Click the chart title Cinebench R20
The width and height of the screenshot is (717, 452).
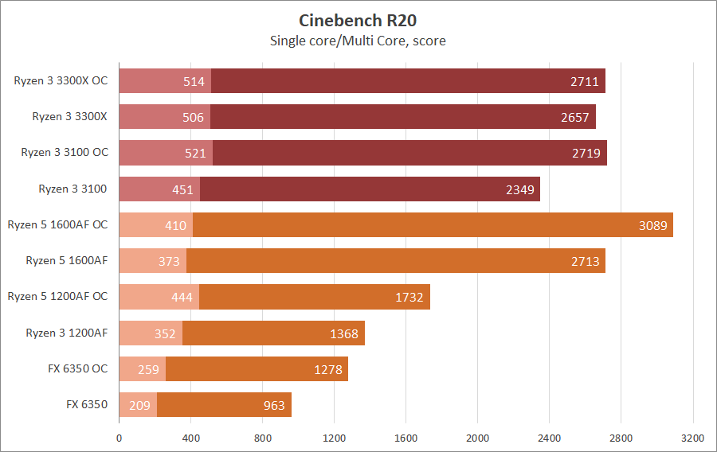tap(358, 20)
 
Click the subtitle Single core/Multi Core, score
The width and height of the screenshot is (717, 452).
tap(358, 40)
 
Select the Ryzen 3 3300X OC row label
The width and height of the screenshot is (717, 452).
tap(61, 80)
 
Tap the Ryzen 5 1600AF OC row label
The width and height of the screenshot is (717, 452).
tap(57, 224)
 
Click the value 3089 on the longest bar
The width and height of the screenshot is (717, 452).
tap(654, 225)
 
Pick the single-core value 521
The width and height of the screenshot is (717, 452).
tap(194, 153)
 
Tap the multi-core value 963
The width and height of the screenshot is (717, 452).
tap(273, 405)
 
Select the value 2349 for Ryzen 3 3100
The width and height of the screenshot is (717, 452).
tap(521, 189)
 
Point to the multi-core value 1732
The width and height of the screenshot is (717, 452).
tap(411, 297)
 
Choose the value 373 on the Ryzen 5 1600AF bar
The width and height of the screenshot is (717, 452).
tap(169, 261)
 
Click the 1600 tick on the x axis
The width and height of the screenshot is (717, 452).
tap(406, 437)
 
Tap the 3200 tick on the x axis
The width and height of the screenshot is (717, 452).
tap(692, 437)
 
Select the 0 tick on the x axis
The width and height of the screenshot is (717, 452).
tap(119, 437)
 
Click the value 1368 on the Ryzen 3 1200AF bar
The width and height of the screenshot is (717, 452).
tap(345, 333)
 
